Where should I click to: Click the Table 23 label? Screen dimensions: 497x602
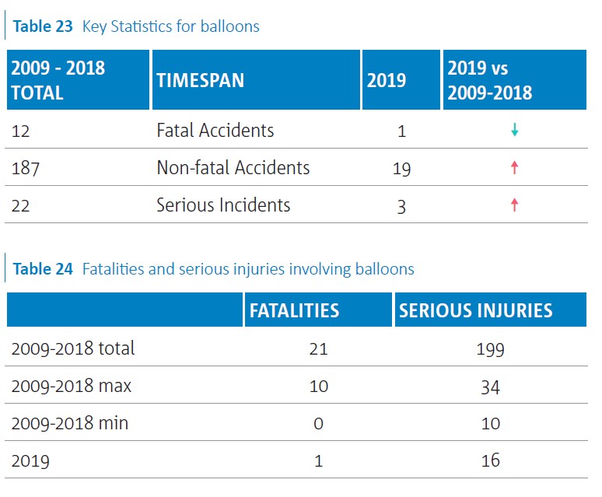point(43,26)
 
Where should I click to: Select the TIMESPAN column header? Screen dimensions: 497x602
point(200,80)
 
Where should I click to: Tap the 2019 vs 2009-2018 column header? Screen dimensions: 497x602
point(490,80)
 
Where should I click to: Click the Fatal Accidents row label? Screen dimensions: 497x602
point(215,130)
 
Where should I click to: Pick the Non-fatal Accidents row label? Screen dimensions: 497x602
point(233,167)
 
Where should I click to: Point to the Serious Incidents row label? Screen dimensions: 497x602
point(223,205)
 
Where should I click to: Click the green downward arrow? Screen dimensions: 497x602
point(514,130)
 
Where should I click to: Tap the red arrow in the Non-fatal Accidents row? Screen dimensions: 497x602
point(514,167)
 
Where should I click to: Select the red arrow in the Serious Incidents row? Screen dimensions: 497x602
point(514,205)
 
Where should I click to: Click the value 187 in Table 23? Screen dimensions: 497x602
point(26,167)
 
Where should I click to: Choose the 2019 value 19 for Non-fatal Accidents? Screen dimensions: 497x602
point(401,168)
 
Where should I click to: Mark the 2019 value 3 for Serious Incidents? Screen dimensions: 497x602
point(401,206)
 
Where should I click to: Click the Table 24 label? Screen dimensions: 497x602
point(43,269)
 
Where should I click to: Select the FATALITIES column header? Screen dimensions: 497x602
point(294,310)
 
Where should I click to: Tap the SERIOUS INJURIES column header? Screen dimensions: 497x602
point(475,310)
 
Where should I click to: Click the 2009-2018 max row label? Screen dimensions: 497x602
point(72,386)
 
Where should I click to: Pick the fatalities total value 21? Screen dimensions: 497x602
point(318,348)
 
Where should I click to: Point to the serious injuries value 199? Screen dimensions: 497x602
point(490,348)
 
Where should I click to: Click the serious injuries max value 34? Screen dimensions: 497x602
point(490,386)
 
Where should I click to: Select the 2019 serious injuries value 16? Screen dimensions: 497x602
point(490,460)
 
